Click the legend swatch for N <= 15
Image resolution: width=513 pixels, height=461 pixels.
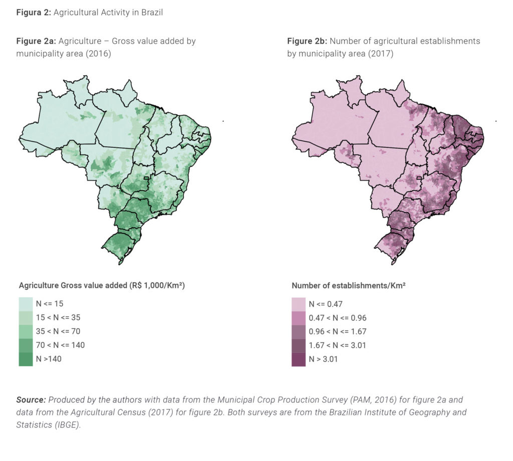(26, 304)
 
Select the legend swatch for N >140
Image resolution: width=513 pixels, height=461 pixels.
(26, 359)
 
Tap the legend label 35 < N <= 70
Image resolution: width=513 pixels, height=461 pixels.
(58, 331)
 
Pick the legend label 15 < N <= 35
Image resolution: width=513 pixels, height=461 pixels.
(58, 317)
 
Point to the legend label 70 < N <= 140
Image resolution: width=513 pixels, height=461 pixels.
(61, 345)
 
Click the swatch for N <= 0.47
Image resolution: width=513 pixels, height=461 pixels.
(299, 304)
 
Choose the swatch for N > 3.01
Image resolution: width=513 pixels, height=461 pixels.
(299, 359)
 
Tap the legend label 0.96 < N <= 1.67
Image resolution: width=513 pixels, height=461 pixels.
(338, 331)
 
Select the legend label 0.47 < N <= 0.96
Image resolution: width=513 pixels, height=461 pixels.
(338, 317)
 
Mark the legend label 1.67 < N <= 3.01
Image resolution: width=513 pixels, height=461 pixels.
(338, 345)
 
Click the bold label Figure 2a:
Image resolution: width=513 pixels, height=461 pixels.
(36, 41)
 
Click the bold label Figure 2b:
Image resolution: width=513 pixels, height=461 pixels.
(307, 41)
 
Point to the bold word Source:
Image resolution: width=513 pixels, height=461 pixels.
(31, 400)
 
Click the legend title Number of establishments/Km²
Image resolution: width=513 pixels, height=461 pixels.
(348, 286)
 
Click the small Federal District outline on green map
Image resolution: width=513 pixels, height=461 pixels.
(147, 178)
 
